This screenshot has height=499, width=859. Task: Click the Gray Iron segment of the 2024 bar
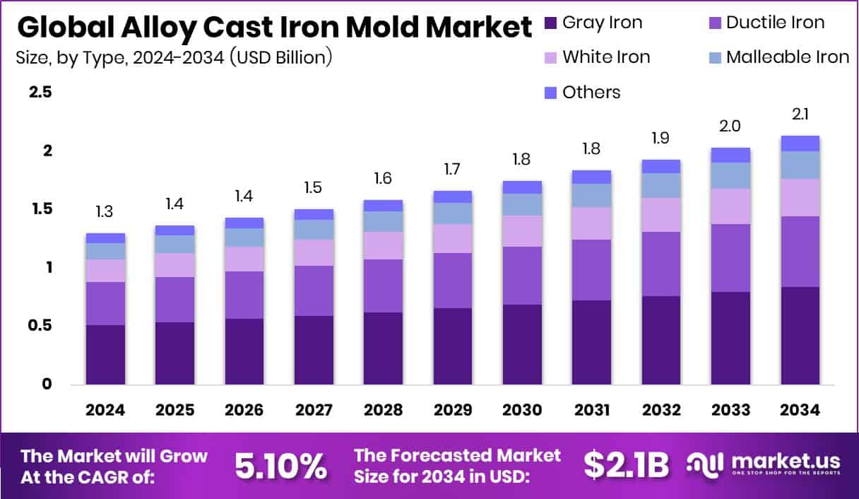(105, 354)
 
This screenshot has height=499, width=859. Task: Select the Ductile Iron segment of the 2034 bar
(800, 251)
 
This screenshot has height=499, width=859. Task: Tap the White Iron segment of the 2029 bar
(453, 238)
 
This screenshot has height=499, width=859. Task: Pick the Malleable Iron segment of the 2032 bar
(661, 185)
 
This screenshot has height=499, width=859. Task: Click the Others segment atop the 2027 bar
(314, 214)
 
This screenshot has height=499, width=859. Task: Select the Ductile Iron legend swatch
(713, 23)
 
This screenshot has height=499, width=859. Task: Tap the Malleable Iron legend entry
(777, 57)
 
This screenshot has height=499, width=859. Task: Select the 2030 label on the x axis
(522, 411)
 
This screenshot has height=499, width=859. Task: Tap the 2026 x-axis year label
(244, 411)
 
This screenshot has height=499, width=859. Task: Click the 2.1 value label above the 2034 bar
(800, 114)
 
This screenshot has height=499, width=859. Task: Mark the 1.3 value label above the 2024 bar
(105, 211)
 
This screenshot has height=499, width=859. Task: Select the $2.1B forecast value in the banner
(626, 465)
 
